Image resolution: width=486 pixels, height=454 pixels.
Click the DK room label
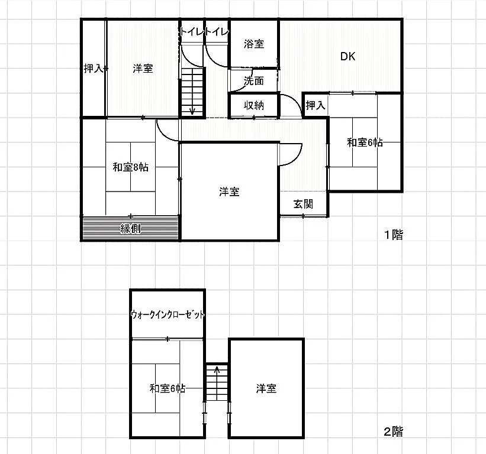(347, 56)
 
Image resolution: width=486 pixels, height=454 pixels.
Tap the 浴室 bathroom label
(254, 44)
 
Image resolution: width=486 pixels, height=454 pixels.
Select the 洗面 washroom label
(254, 81)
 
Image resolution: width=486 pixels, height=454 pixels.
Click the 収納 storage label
(254, 106)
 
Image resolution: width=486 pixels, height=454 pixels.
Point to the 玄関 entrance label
(303, 204)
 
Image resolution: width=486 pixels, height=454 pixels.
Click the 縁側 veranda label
(130, 229)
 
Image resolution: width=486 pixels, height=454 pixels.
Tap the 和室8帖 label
(130, 167)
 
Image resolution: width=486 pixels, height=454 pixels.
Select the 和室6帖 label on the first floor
(365, 142)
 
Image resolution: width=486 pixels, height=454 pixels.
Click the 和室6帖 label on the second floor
(168, 388)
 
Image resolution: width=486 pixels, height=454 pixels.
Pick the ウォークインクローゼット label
(168, 314)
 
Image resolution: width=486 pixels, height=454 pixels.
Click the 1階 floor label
(394, 235)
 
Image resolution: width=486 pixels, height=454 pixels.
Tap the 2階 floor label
(394, 432)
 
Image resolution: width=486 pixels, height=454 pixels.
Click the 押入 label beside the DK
(316, 106)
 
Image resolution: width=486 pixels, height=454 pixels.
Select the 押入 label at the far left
(94, 69)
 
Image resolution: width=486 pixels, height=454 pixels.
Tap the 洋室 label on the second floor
(266, 388)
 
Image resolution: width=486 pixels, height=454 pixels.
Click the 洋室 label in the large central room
(229, 192)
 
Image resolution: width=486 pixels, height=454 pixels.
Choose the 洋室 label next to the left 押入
(143, 69)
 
